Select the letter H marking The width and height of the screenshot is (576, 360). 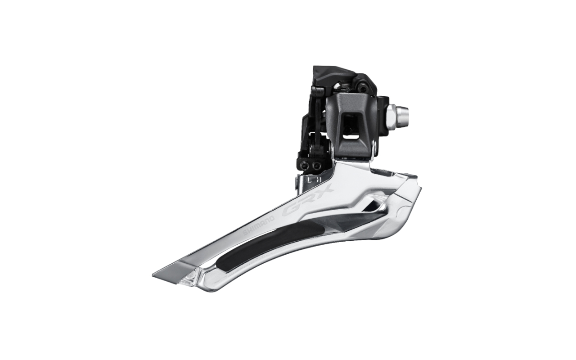coord(319,179)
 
